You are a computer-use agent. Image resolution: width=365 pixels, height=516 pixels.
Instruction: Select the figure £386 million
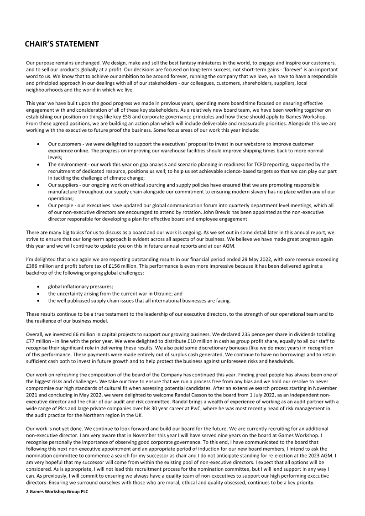[x=42, y=266]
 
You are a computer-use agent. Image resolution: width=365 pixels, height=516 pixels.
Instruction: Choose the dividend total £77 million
[x=39, y=341]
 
